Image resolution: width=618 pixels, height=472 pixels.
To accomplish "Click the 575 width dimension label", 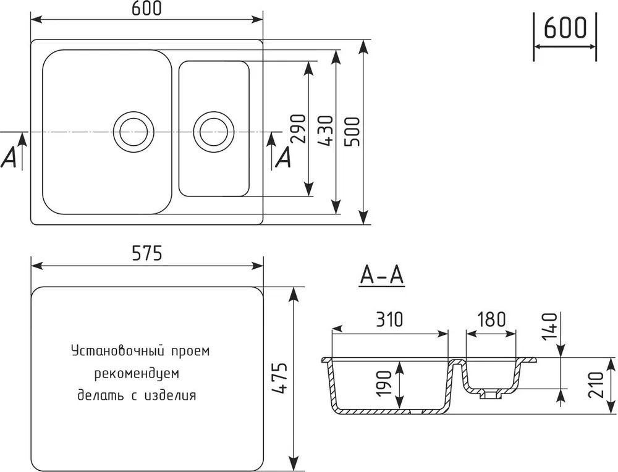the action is click(x=146, y=253).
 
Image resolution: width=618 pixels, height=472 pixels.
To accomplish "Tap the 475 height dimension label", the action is click(x=281, y=378).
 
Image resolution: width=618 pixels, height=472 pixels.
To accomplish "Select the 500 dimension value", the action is click(x=352, y=132).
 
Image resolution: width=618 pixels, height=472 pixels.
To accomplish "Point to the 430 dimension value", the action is click(x=325, y=131).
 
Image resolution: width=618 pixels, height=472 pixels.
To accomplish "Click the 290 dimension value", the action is click(x=298, y=129).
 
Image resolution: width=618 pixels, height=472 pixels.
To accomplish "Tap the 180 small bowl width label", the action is click(x=491, y=319).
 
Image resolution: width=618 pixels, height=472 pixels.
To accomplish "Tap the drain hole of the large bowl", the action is click(x=132, y=131).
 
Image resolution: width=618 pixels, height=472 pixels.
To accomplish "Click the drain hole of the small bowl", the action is click(x=214, y=131).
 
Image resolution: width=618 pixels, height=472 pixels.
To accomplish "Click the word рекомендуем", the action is click(x=137, y=374).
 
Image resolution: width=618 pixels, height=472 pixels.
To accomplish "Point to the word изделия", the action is click(x=171, y=395).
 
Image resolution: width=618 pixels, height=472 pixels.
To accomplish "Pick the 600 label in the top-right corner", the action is click(x=565, y=28).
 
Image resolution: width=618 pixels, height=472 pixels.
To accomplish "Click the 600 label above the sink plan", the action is click(x=146, y=8).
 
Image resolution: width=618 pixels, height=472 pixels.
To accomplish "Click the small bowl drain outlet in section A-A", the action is click(x=489, y=395).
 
